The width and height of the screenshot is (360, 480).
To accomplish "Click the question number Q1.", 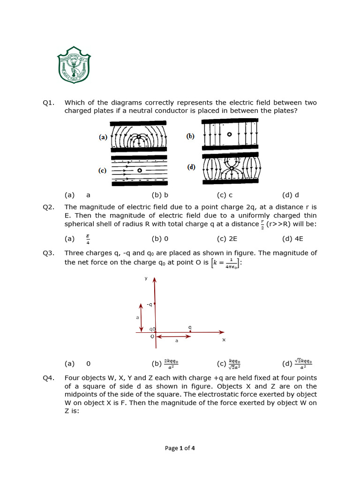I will point(48,103).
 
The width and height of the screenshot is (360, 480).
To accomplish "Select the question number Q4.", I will point(48,378).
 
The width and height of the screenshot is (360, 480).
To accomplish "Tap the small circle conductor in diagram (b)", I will point(229,135).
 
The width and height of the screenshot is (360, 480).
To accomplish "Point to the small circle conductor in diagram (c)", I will point(139,171).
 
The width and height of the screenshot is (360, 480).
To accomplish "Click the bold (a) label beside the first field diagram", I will point(103,137).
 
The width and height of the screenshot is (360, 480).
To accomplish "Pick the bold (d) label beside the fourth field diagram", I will point(191,167).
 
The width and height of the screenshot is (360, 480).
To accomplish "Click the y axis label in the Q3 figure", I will point(146,278).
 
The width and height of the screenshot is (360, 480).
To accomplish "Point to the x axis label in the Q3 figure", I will point(224,339).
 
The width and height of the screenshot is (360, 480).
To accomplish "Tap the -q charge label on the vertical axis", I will point(149,305).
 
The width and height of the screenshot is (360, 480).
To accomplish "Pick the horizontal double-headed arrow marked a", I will point(173,337).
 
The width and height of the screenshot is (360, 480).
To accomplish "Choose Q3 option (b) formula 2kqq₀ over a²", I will point(172,363).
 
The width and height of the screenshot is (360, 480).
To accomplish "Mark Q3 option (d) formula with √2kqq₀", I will point(304,363).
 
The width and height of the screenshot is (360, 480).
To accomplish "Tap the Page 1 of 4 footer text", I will point(180,448).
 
